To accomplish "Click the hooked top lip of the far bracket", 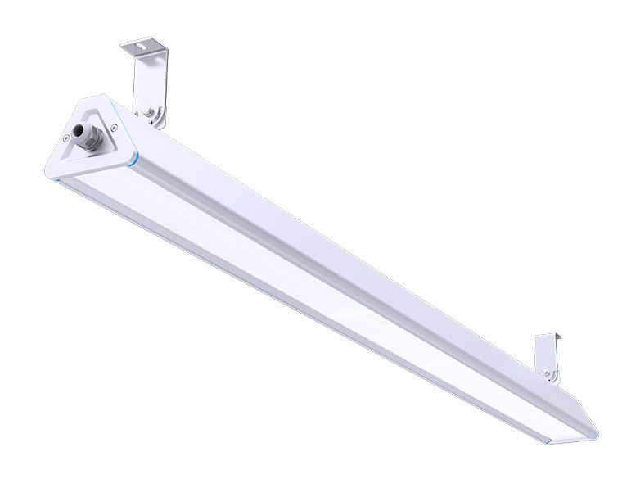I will click(x=548, y=337).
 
